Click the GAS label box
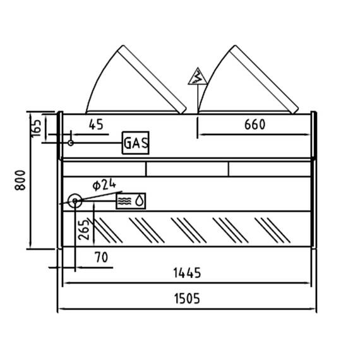tap(135, 143)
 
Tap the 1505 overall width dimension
tap(187, 299)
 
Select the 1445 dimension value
tap(187, 273)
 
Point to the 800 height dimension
tap(20, 180)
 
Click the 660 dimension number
tap(255, 124)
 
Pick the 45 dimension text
tap(96, 124)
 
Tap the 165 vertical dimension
tap(36, 128)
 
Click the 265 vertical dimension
tap(83, 230)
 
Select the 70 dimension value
tap(101, 258)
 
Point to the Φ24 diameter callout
tap(104, 185)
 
